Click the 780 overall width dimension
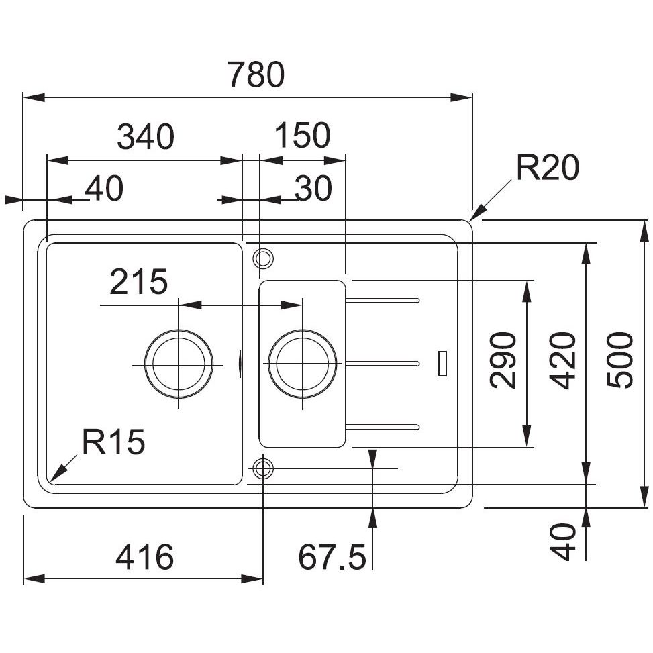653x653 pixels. [x=256, y=75]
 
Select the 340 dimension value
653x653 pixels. [x=146, y=137]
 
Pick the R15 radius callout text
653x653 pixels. [x=113, y=443]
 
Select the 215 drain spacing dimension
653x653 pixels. [x=138, y=283]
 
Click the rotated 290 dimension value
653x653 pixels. [x=503, y=360]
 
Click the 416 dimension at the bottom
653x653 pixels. [x=145, y=558]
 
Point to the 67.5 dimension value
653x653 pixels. [x=332, y=558]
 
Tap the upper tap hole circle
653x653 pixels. [x=262, y=257]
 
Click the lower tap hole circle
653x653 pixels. [x=262, y=468]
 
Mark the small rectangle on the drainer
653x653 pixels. [x=442, y=363]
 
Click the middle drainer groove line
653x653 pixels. [x=383, y=364]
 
